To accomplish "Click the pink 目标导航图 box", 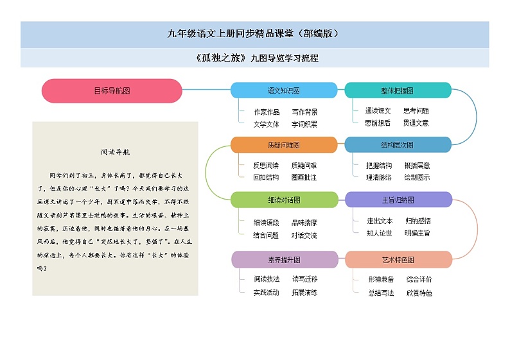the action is (x=112, y=91).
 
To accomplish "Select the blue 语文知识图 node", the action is (x=283, y=90).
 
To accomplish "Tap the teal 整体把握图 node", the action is (x=398, y=90).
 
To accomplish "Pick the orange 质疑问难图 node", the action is (x=283, y=145).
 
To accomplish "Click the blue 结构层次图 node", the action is (x=398, y=145).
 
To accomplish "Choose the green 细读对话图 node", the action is (x=283, y=200).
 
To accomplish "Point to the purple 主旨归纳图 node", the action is (x=398, y=200).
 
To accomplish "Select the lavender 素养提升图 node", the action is (x=283, y=260).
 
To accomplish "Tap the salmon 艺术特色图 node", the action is (x=398, y=260).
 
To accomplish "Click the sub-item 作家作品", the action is (x=267, y=112).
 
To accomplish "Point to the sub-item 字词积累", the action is (x=304, y=124).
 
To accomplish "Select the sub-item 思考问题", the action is (x=416, y=110).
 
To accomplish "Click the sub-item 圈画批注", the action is (x=304, y=177).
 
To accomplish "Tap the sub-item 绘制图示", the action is (x=417, y=177).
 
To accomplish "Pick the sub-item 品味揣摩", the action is (x=304, y=223).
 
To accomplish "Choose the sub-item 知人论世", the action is (x=380, y=233).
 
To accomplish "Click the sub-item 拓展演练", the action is (x=304, y=293).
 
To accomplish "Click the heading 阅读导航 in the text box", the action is (x=116, y=153).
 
